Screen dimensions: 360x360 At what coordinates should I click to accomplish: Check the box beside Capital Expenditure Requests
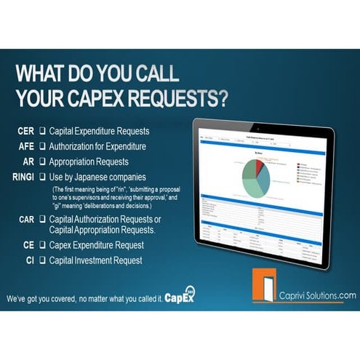pyautogui.click(x=43, y=132)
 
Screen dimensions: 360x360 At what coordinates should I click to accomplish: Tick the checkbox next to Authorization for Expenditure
pyautogui.click(x=43, y=146)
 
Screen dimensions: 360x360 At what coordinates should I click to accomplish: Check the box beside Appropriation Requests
pyautogui.click(x=43, y=161)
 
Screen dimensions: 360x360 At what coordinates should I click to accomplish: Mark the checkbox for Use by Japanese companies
pyautogui.click(x=43, y=176)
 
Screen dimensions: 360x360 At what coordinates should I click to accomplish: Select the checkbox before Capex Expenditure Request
pyautogui.click(x=43, y=245)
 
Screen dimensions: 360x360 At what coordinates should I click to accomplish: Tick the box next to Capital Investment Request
pyautogui.click(x=43, y=260)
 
